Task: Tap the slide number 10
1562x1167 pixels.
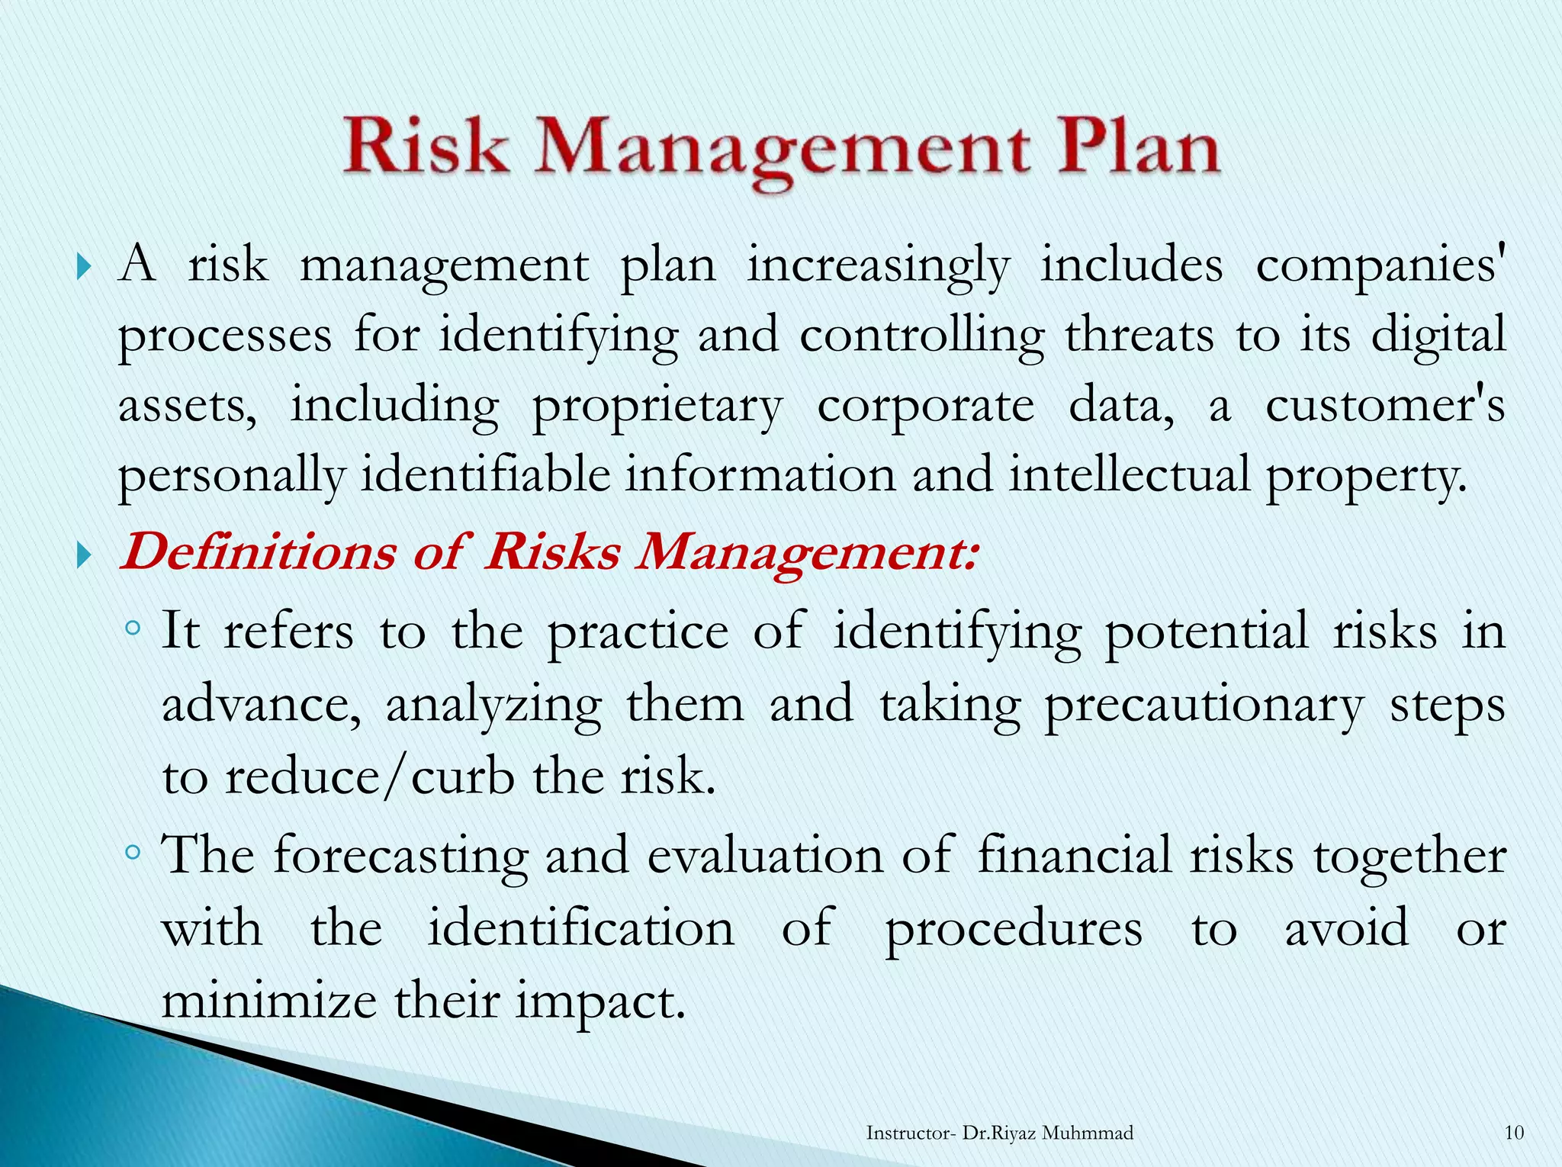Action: [x=1514, y=1133]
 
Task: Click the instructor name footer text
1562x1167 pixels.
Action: [x=999, y=1133]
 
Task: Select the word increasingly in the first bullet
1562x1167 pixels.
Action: [x=877, y=267]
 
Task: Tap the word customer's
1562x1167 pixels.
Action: [x=1385, y=406]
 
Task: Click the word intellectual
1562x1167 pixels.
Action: [x=1130, y=475]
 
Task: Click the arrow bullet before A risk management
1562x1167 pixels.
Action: [x=84, y=268]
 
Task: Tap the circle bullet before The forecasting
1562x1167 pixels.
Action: [x=133, y=852]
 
